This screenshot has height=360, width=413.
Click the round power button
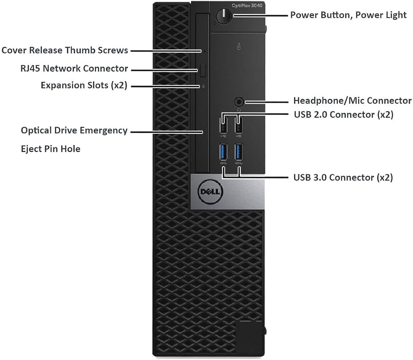point(223,16)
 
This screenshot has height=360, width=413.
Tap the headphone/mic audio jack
point(239,102)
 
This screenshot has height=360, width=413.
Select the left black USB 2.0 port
point(223,125)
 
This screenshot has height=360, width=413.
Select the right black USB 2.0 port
point(239,125)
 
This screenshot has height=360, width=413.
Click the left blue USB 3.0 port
point(223,152)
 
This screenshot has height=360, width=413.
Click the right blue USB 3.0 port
point(239,152)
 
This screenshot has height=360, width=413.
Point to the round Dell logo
point(210,192)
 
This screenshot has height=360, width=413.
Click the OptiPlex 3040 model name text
point(247,5)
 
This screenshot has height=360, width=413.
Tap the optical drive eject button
point(202,70)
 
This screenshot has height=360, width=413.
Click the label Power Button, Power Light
point(348,15)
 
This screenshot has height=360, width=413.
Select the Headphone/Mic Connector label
point(352,100)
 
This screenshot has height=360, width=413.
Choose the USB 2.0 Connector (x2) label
point(344,114)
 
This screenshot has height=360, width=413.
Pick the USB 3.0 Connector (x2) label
point(343,177)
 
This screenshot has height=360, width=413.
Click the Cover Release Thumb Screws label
point(65,50)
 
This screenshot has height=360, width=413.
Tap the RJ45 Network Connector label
point(74,68)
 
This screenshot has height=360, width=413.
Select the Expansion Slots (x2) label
point(84,86)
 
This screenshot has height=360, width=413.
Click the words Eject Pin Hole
point(50,149)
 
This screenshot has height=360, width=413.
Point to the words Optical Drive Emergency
point(74,131)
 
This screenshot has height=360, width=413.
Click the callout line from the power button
point(261,16)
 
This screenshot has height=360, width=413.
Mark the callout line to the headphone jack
point(266,102)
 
